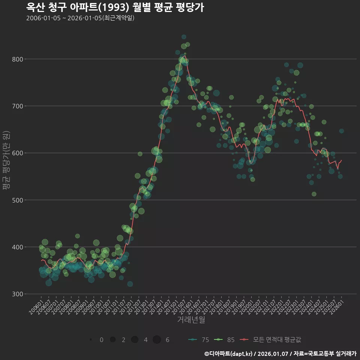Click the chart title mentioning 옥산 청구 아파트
click(115, 7)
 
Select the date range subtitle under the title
click(80, 18)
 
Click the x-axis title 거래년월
click(191, 320)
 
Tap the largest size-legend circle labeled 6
click(157, 340)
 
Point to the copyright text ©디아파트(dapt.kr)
click(228, 353)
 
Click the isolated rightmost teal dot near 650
click(341, 131)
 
